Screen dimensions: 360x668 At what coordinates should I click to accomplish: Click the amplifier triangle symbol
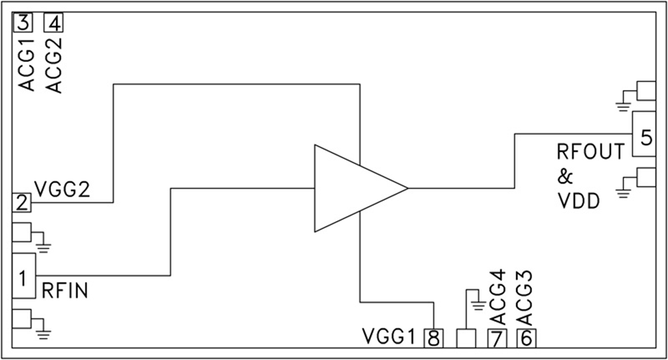click(353, 189)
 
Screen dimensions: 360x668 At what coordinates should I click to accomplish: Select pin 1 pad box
click(23, 276)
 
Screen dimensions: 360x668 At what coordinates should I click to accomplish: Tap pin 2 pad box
click(22, 203)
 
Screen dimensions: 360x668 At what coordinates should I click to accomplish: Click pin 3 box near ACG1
click(23, 23)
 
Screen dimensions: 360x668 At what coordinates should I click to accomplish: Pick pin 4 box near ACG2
click(54, 23)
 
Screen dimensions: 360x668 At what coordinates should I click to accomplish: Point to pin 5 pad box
click(645, 135)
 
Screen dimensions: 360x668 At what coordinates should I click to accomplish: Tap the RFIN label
click(66, 291)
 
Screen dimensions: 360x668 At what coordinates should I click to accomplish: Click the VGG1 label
click(389, 337)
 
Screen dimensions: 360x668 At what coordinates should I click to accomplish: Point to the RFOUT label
click(590, 153)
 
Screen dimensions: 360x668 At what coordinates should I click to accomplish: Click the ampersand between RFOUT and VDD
click(566, 177)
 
